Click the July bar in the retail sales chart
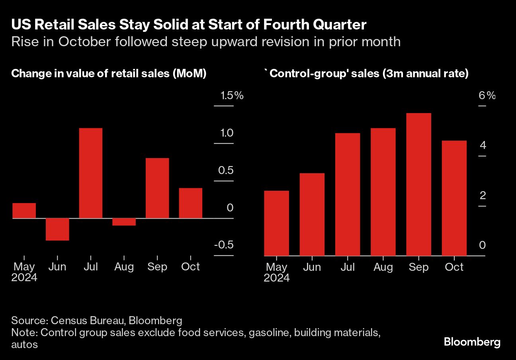click(x=91, y=173)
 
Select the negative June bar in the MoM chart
click(x=57, y=229)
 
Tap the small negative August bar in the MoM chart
click(x=124, y=222)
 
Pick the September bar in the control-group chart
click(x=418, y=184)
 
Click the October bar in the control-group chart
click(x=454, y=198)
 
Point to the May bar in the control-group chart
click(x=276, y=223)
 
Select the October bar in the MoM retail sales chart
click(x=190, y=203)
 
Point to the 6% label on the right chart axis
click(x=487, y=96)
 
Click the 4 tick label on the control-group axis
click(x=483, y=145)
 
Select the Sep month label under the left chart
click(x=157, y=267)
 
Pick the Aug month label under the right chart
click(x=383, y=267)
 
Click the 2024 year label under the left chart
click(x=24, y=278)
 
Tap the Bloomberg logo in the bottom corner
click(x=472, y=342)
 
